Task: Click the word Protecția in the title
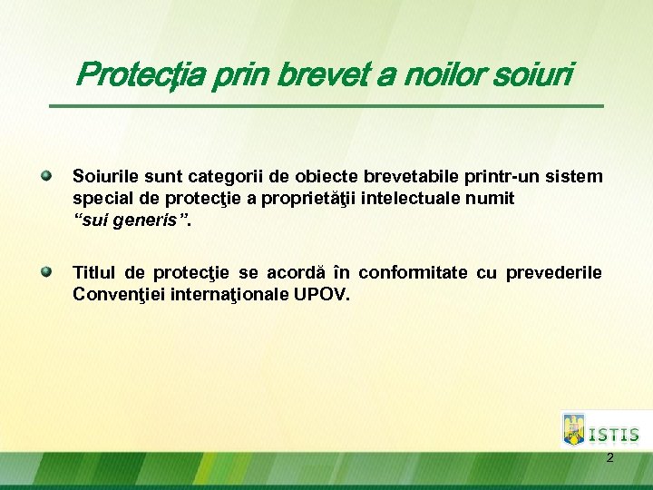(141, 75)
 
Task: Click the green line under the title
(326, 106)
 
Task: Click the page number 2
(609, 457)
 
